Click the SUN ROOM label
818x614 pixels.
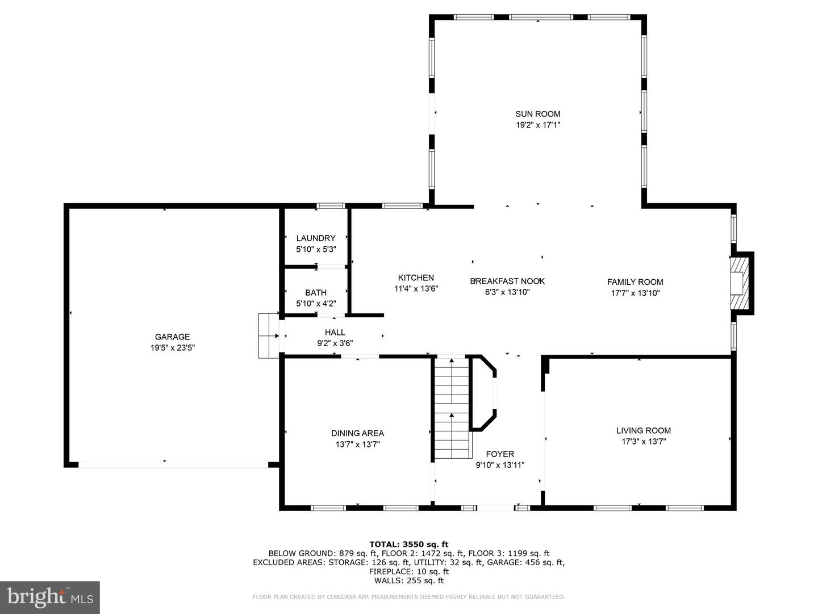coord(537,114)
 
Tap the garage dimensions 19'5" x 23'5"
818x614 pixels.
coord(172,348)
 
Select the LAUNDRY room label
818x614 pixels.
coord(316,238)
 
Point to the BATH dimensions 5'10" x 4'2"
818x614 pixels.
coord(316,304)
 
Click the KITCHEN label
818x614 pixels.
coord(416,277)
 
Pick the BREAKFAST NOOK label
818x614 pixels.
coord(507,281)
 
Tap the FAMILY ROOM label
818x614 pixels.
coord(635,282)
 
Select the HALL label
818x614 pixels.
coord(335,332)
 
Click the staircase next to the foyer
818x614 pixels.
coord(452,408)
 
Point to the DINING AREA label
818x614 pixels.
coord(357,433)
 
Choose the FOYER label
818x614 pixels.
coord(500,454)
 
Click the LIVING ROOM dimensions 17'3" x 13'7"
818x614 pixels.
coord(644,442)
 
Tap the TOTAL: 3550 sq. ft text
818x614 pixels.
coord(409,544)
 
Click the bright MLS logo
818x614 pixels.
coord(50,597)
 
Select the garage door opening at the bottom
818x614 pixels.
coord(173,465)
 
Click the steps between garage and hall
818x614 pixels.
coord(268,335)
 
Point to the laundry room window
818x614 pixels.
coord(331,205)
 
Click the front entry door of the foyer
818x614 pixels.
coord(496,508)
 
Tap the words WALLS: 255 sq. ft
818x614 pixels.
coord(409,580)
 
